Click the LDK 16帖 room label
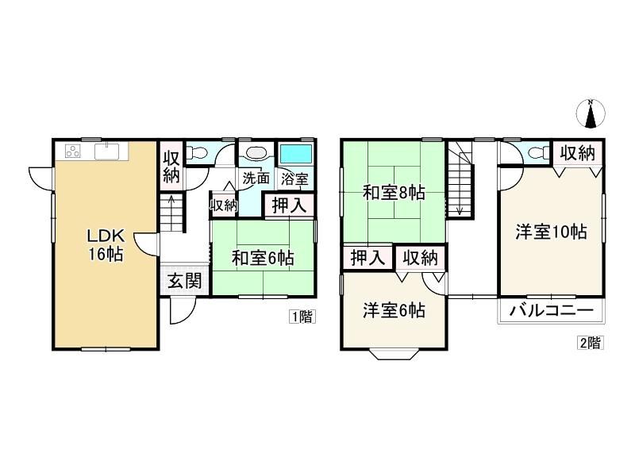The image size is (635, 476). point(106,244)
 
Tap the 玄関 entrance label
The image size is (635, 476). point(185,281)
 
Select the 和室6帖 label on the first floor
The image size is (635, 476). point(263,258)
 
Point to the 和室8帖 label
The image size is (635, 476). point(394,193)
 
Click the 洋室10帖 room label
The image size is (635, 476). point(551,232)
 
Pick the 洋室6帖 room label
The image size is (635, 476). point(394,310)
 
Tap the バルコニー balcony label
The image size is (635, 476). point(551,311)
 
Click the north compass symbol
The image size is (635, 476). point(591,113)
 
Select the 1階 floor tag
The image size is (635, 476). point(302,317)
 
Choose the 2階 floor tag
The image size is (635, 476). point(590,343)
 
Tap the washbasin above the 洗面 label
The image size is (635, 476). point(256,153)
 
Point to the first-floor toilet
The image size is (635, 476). point(197,153)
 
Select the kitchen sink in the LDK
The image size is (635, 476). point(106,152)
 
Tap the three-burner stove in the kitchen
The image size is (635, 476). point(73,151)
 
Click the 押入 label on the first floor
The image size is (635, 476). point(289,205)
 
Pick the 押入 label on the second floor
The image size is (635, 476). point(368,257)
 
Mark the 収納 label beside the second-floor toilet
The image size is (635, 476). point(578,153)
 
